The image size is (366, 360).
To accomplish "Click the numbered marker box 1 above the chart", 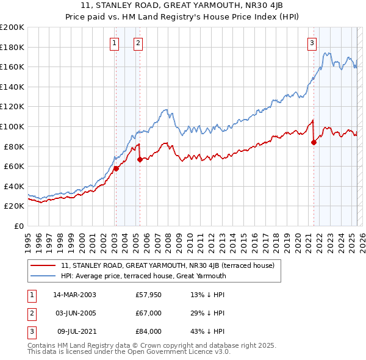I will point(115,43).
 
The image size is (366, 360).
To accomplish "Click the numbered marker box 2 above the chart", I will point(138,43).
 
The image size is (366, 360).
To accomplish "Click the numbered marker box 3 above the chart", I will point(312,43).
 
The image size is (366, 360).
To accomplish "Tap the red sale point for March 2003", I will point(116,168).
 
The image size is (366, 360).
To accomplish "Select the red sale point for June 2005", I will point(140,159).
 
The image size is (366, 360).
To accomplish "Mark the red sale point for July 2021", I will point(314,142).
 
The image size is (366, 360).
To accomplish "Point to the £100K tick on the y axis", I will point(12,126).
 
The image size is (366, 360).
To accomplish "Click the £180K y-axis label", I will point(12,47).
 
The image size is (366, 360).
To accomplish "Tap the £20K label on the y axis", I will point(14,206).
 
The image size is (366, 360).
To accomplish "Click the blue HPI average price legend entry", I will point(143,276).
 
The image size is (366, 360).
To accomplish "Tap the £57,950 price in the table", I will point(148,295).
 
